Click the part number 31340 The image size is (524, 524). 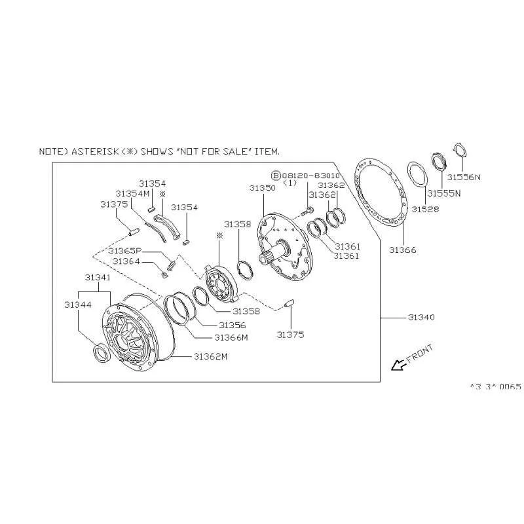[421, 317]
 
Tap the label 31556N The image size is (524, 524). [464, 177]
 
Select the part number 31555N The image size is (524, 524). [444, 193]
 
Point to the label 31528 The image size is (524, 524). [425, 209]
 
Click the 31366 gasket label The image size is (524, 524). [403, 250]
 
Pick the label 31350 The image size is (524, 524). [263, 188]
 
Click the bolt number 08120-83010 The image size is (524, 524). [310, 176]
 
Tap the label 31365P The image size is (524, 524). [124, 251]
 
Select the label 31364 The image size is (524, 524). [126, 261]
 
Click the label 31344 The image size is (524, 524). [78, 305]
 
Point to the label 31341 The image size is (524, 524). [98, 277]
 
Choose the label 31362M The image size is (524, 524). [210, 356]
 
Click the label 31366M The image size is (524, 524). [231, 337]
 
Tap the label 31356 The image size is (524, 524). [233, 325]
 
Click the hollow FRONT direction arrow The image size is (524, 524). [399, 365]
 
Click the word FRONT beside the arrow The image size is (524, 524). [421, 353]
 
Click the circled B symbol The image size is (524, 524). [276, 176]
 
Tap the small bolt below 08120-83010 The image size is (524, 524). [307, 211]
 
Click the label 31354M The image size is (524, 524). [132, 194]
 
